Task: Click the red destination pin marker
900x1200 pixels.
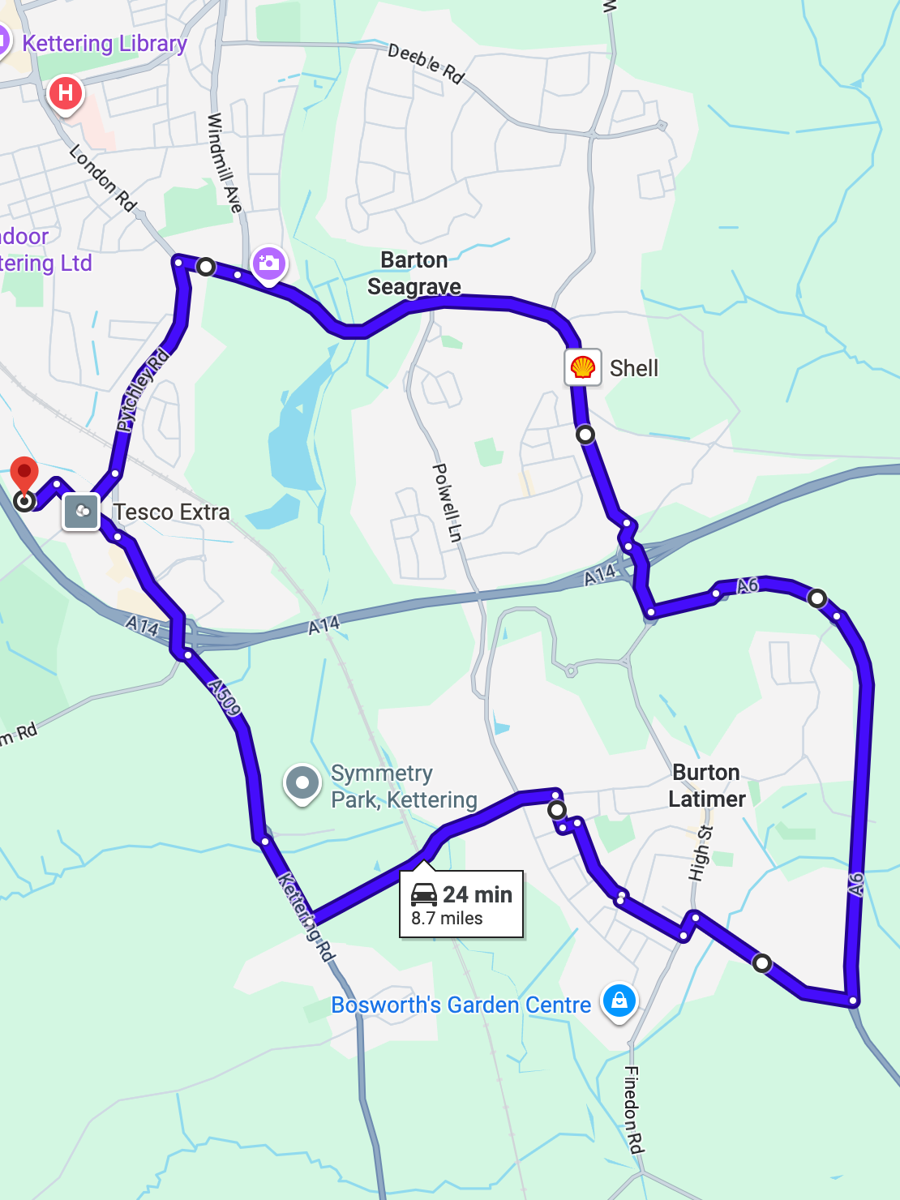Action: [x=24, y=473]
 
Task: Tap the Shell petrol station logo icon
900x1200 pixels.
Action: [x=582, y=367]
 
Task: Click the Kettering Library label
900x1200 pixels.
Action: [x=105, y=43]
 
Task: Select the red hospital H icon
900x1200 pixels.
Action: [x=66, y=93]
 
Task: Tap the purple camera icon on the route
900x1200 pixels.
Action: [x=268, y=264]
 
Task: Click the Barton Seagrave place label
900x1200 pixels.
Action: [x=414, y=273]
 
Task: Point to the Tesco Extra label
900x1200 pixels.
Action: [x=171, y=512]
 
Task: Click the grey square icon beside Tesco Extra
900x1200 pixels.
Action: [x=81, y=512]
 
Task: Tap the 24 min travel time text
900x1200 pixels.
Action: [x=478, y=894]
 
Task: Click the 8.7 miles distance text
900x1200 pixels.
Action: [x=447, y=919]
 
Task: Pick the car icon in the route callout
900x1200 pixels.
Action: [x=424, y=894]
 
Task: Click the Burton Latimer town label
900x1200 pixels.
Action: [x=706, y=786]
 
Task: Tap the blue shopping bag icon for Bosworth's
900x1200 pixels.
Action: [x=619, y=1001]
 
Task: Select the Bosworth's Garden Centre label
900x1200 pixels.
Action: [x=461, y=1005]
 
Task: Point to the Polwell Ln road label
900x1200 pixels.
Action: [x=448, y=503]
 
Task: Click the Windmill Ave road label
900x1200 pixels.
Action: [x=225, y=162]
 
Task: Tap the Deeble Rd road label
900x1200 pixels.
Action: [x=426, y=63]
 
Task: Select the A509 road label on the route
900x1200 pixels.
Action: [x=225, y=698]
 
